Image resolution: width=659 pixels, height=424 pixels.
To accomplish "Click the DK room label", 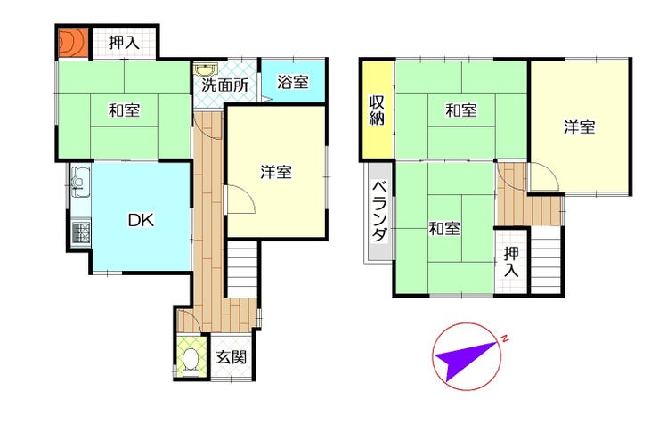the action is click(x=141, y=220).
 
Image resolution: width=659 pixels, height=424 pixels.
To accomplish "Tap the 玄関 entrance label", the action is click(x=232, y=357).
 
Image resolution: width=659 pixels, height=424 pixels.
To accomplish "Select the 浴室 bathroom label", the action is click(x=293, y=82).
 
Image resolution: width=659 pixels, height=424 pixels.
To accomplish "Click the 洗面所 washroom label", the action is click(x=224, y=86).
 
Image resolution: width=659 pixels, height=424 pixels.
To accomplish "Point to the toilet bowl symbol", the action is click(x=191, y=363).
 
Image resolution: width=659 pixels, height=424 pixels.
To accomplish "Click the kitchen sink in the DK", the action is click(x=80, y=182).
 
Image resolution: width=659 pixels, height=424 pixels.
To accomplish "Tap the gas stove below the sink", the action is click(x=80, y=233).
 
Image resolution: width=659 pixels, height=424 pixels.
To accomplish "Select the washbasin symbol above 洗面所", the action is click(x=206, y=69).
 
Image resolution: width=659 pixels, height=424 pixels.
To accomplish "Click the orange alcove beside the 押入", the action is click(x=72, y=43).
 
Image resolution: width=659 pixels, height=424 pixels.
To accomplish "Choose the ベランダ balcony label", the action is click(x=379, y=211).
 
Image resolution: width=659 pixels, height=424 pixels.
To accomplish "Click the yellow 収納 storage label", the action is click(x=377, y=110).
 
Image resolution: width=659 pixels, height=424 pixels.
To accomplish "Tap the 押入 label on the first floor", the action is click(x=124, y=43).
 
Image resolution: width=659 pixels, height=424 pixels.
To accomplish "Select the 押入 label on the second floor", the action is click(x=511, y=261).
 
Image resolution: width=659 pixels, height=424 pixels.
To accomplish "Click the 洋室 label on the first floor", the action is click(x=276, y=172).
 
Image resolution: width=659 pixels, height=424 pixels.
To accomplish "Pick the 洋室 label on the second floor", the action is click(x=579, y=126).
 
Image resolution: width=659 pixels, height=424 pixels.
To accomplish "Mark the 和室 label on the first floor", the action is click(x=124, y=110).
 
